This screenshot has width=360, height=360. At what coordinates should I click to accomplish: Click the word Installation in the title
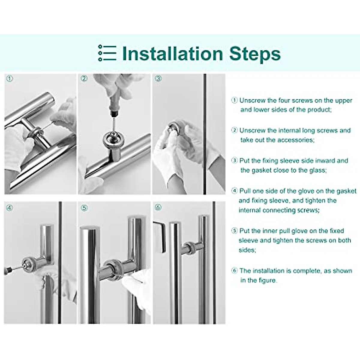pyautogui.click(x=172, y=54)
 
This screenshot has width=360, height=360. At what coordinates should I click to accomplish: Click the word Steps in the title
pyautogui.click(x=255, y=54)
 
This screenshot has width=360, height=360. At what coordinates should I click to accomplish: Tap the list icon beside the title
pyautogui.click(x=107, y=53)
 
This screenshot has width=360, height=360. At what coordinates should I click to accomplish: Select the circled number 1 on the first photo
pyautogui.click(x=10, y=79)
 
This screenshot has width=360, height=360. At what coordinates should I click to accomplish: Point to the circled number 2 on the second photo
pyautogui.click(x=84, y=78)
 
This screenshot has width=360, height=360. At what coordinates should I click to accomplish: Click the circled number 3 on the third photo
pyautogui.click(x=158, y=78)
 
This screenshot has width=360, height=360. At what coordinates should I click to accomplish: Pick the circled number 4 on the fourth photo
pyautogui.click(x=10, y=208)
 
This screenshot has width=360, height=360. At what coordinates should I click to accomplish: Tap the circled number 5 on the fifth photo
pyautogui.click(x=84, y=208)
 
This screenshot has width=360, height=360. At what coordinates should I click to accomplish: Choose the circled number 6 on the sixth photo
pyautogui.click(x=158, y=207)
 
